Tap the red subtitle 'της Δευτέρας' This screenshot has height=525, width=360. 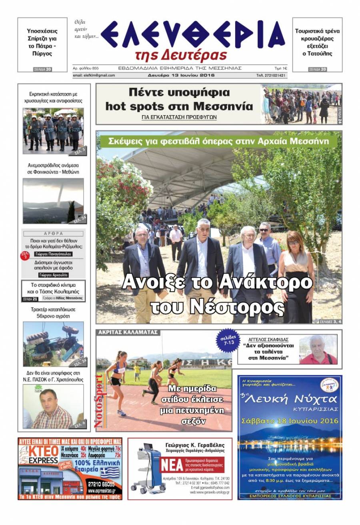[181, 55]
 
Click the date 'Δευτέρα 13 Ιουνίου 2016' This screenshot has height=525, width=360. [181, 75]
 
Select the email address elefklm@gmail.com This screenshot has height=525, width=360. [94, 75]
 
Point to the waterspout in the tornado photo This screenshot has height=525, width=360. [60, 196]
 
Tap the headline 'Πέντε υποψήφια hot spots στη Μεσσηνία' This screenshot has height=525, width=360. [179, 99]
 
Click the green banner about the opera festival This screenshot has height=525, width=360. [218, 141]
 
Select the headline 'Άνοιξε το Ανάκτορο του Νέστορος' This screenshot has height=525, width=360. [217, 294]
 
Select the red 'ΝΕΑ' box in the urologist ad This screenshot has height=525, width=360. [172, 465]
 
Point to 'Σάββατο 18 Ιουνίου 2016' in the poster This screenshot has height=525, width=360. [290, 421]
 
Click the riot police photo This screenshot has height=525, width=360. [53, 131]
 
